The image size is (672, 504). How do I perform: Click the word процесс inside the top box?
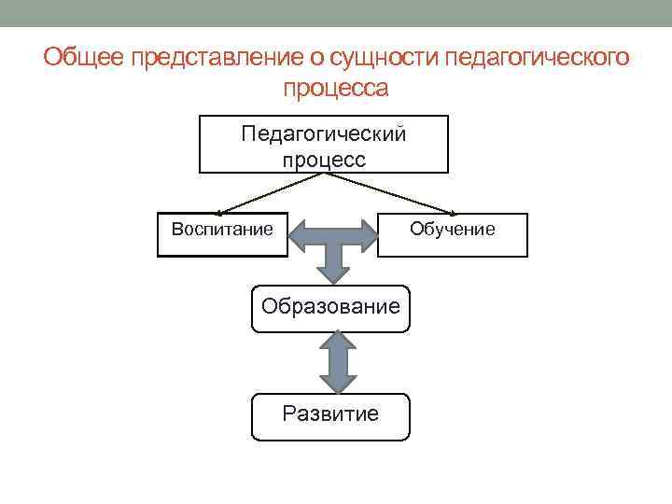[324, 159]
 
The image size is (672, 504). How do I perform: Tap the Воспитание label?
[222, 228]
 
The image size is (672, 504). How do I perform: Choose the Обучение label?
[453, 229]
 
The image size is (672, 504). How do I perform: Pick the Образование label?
[330, 305]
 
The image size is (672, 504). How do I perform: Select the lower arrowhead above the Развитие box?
[339, 383]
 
